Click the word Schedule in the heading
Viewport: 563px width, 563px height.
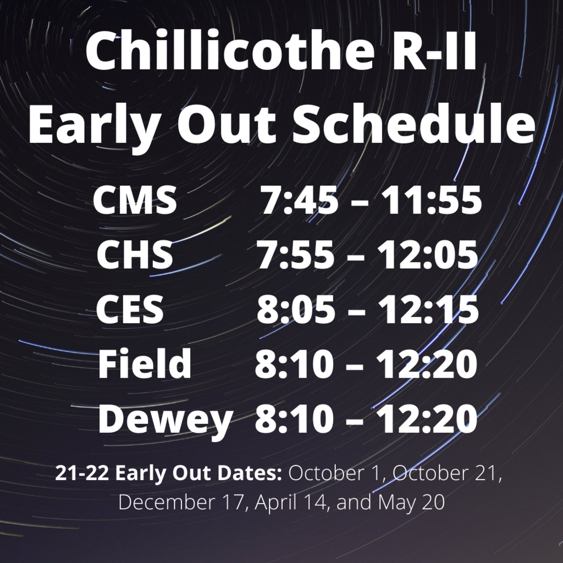click(x=413, y=123)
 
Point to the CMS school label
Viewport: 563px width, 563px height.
click(x=135, y=200)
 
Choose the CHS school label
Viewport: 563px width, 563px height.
click(x=135, y=255)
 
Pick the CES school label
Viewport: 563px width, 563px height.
click(x=130, y=309)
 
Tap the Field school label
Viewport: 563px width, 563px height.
click(x=145, y=363)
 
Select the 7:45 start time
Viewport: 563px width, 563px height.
click(x=299, y=200)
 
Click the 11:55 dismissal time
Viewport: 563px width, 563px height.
click(x=431, y=200)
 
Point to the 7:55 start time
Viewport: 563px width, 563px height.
click(x=295, y=255)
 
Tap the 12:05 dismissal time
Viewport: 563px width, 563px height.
click(x=427, y=255)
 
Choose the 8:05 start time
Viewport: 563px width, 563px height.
click(x=296, y=310)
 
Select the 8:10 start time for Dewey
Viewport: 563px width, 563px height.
click(x=294, y=418)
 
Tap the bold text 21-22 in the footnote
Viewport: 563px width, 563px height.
click(x=82, y=473)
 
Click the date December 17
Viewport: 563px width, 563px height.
click(x=181, y=501)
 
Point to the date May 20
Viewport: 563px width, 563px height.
click(x=411, y=503)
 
